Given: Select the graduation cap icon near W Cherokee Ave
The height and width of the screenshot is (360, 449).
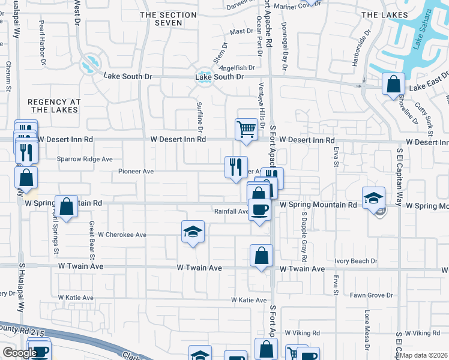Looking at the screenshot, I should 193,232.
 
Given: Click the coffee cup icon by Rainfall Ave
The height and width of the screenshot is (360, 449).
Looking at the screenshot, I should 259,210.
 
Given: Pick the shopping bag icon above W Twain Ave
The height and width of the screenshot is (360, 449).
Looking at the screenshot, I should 261,256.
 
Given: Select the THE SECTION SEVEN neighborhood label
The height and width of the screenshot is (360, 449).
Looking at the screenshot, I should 160,18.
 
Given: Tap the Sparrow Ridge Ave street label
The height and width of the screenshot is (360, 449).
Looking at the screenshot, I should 85,159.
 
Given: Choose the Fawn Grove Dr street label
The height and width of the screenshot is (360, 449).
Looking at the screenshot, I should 371,295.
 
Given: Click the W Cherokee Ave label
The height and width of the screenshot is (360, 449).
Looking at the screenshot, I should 122,235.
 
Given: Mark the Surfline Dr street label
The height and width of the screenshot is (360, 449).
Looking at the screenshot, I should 200,116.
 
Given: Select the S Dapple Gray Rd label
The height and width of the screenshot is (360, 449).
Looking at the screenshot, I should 304,236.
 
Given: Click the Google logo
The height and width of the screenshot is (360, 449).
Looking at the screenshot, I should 19,353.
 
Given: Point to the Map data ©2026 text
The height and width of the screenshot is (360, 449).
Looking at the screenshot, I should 424,355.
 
